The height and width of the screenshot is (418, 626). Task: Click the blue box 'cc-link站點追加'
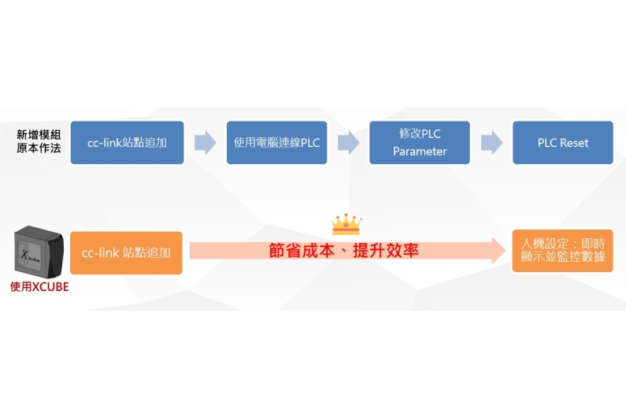pos(127,143)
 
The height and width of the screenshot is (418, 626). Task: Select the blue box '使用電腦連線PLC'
pos(276,143)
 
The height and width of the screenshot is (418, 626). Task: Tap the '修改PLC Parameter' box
pos(420,143)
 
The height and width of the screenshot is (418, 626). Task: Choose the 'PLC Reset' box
pos(563,143)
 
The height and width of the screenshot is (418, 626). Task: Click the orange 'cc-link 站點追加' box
pos(126,252)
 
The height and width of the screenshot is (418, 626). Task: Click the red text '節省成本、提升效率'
pos(343,251)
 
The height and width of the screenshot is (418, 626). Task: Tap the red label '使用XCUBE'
pos(39,287)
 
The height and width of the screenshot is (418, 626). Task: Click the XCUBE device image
pos(39,252)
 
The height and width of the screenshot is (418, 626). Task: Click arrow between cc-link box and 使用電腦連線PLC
pos(206,143)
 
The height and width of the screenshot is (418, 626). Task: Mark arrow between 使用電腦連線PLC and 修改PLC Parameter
pos(349,143)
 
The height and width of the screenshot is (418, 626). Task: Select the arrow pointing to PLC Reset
pos(492,143)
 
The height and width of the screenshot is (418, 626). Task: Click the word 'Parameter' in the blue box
pos(420,151)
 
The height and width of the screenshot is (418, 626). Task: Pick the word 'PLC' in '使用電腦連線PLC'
pos(310,143)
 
